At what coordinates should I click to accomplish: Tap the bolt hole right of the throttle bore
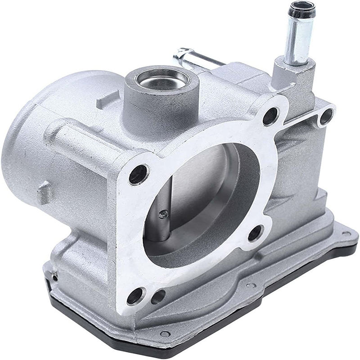[x=255, y=233]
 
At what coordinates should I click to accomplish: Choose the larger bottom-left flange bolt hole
[x=135, y=296]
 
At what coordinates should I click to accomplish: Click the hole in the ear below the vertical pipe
[x=326, y=116]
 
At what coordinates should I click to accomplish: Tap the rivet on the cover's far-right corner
[x=346, y=234]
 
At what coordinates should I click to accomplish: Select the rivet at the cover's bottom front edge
[x=165, y=333]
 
